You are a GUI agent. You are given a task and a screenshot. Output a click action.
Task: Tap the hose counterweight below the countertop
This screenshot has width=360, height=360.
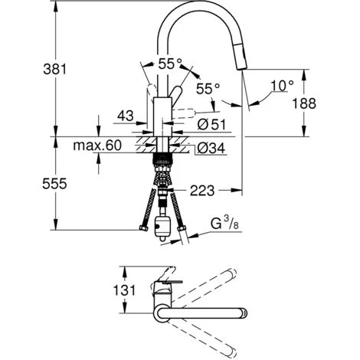[x=163, y=227]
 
